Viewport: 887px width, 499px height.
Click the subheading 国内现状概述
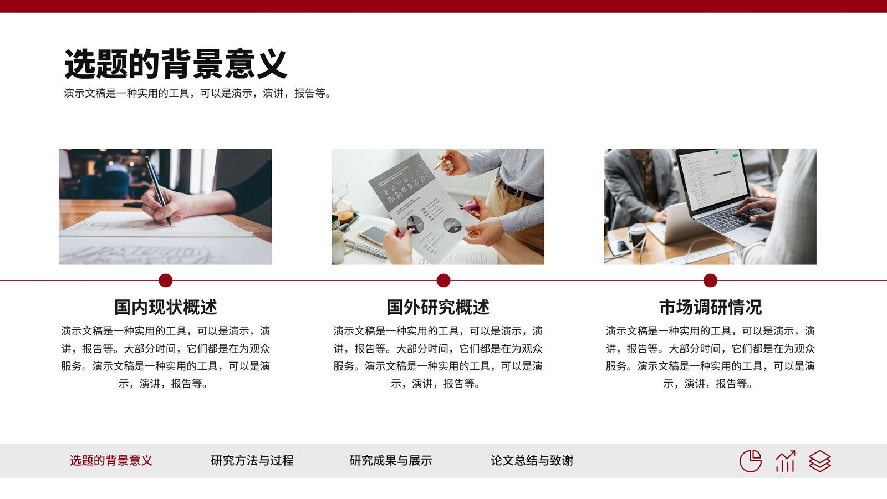166,307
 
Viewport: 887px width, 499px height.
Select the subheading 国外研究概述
438,307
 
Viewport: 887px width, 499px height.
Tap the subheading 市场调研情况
710,307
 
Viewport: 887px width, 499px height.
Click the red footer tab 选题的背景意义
111,460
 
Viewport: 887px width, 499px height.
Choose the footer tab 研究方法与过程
252,460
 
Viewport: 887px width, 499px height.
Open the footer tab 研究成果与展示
390,460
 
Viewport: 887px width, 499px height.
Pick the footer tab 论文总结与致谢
532,460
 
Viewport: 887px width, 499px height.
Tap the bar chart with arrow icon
785,461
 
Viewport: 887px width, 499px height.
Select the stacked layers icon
820,461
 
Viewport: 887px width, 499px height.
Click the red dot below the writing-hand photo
166,281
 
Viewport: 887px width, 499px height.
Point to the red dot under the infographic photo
443,281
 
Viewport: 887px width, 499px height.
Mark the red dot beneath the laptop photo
710,281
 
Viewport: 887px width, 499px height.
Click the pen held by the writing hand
158,191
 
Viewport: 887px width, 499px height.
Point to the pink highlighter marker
470,206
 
